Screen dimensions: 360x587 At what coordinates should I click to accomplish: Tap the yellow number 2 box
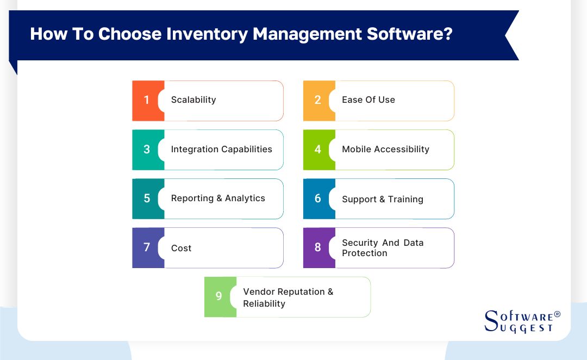[317, 101]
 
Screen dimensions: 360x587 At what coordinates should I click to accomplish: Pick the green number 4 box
[317, 150]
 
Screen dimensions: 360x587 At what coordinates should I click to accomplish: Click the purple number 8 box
[317, 247]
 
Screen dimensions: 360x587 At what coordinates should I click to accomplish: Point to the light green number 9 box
[218, 296]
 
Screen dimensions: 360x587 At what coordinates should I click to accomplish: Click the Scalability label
[193, 100]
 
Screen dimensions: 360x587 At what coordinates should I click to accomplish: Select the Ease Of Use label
[368, 100]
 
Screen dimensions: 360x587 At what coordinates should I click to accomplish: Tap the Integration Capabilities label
[221, 149]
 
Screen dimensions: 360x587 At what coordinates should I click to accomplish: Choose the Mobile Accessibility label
[385, 149]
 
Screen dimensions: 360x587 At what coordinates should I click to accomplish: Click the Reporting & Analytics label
[218, 198]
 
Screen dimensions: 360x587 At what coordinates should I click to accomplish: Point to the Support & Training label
[382, 199]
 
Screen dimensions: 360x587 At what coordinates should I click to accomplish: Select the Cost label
[181, 248]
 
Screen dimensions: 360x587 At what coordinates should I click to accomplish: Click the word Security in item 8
[359, 243]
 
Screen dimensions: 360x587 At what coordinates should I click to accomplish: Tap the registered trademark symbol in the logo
[557, 314]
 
